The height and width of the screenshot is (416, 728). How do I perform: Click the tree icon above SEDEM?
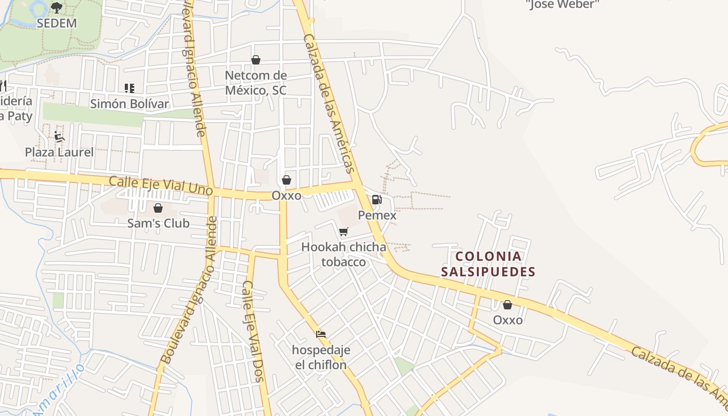click(57, 7)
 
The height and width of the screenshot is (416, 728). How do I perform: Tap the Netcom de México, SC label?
click(255, 83)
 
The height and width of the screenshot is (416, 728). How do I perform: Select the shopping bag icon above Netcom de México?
click(255, 60)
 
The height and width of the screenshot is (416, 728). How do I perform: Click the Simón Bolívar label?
click(129, 103)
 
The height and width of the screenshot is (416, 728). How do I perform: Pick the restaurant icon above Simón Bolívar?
click(129, 88)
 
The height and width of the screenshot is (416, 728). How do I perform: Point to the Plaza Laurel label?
click(59, 152)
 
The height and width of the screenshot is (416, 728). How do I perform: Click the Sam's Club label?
click(158, 224)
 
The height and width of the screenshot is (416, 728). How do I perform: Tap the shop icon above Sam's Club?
click(158, 208)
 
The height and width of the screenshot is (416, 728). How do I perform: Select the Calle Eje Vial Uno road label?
click(161, 186)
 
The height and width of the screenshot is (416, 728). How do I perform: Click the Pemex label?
click(377, 215)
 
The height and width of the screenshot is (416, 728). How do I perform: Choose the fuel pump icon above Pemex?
click(377, 200)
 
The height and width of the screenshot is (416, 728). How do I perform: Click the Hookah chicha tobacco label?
click(344, 254)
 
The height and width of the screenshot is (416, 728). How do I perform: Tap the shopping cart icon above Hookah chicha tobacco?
click(343, 231)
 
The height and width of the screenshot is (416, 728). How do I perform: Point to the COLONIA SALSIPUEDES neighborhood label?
click(488, 264)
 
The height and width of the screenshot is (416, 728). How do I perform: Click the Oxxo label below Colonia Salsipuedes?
click(508, 320)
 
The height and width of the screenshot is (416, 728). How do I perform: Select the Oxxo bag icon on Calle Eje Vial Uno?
click(286, 180)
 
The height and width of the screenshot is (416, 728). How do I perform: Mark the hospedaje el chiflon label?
click(321, 357)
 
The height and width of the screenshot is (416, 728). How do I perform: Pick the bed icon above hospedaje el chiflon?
click(321, 334)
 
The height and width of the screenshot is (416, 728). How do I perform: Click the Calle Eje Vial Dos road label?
click(254, 331)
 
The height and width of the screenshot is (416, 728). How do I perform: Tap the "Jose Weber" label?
click(563, 5)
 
